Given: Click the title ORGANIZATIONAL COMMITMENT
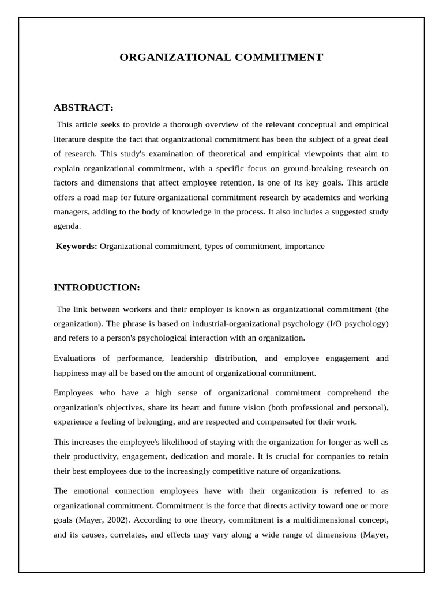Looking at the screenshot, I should (x=221, y=57).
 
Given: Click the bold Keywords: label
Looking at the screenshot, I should (x=76, y=246).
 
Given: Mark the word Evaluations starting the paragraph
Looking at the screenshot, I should (x=77, y=358).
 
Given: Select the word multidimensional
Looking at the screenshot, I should (x=324, y=520).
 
